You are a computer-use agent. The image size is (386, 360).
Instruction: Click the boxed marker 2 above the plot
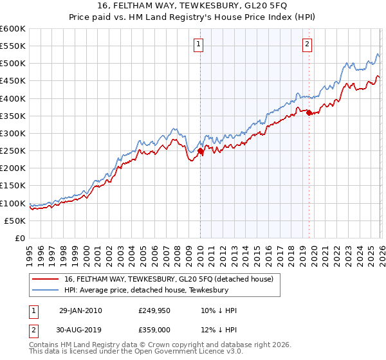point(307,44)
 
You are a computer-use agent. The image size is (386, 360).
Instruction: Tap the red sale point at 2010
point(200,152)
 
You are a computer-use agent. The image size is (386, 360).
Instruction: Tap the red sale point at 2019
point(309,113)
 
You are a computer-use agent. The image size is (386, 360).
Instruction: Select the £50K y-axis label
point(15,221)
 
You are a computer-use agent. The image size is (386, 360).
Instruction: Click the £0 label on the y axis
point(20,238)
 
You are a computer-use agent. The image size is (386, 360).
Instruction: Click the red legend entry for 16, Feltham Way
point(169,278)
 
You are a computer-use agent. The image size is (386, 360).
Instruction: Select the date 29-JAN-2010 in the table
point(80,310)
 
